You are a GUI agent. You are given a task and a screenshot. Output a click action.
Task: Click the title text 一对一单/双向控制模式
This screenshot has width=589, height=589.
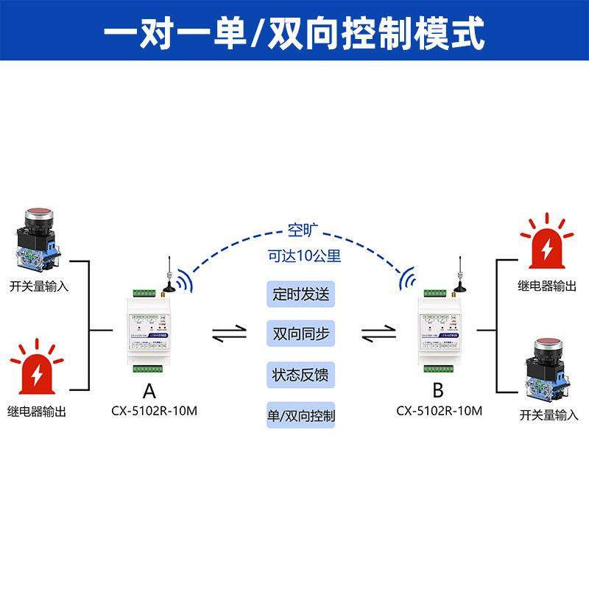pos(294,32)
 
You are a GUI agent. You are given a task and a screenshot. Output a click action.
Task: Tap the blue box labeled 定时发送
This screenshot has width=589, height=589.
pos(300,294)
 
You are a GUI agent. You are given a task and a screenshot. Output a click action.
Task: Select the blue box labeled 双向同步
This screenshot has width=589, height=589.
pos(300,334)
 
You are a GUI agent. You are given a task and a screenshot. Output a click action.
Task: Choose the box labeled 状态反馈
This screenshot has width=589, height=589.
pos(300,375)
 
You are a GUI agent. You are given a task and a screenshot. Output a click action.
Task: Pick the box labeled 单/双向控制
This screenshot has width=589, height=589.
pos(300,415)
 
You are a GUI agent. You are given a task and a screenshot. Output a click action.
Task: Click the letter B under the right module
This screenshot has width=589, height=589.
pos(439,390)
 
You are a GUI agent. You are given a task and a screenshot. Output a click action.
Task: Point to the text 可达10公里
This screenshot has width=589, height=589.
pos(304,257)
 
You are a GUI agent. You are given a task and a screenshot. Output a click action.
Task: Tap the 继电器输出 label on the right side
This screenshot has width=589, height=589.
pos(547,286)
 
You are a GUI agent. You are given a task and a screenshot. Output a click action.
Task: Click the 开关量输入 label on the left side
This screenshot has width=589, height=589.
pos(39,286)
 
